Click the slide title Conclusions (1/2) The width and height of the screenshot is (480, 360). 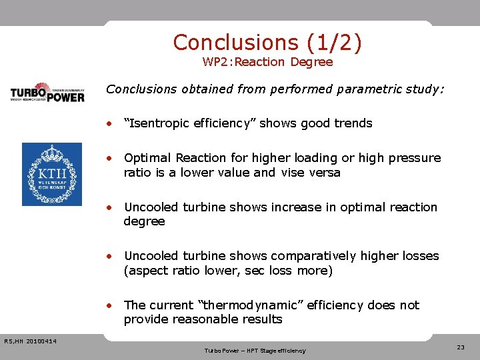tap(267, 42)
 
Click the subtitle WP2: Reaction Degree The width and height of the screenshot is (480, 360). tap(267, 62)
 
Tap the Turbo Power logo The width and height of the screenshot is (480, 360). tap(47, 92)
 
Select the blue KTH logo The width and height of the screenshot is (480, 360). tap(52, 174)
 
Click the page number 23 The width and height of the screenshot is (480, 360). tap(461, 347)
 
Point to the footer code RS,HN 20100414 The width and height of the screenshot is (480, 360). tap(30, 341)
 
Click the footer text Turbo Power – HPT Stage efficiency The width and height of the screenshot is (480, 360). tap(255, 350)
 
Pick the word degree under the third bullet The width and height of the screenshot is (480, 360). tap(144, 221)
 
